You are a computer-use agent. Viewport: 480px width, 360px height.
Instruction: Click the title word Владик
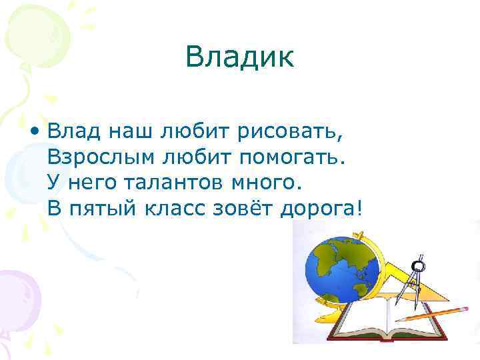(240, 57)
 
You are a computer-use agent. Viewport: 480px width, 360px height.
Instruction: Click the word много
(267, 183)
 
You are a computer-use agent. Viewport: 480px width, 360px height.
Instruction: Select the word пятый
(102, 209)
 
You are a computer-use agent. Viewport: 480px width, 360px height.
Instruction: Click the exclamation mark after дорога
(361, 209)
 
